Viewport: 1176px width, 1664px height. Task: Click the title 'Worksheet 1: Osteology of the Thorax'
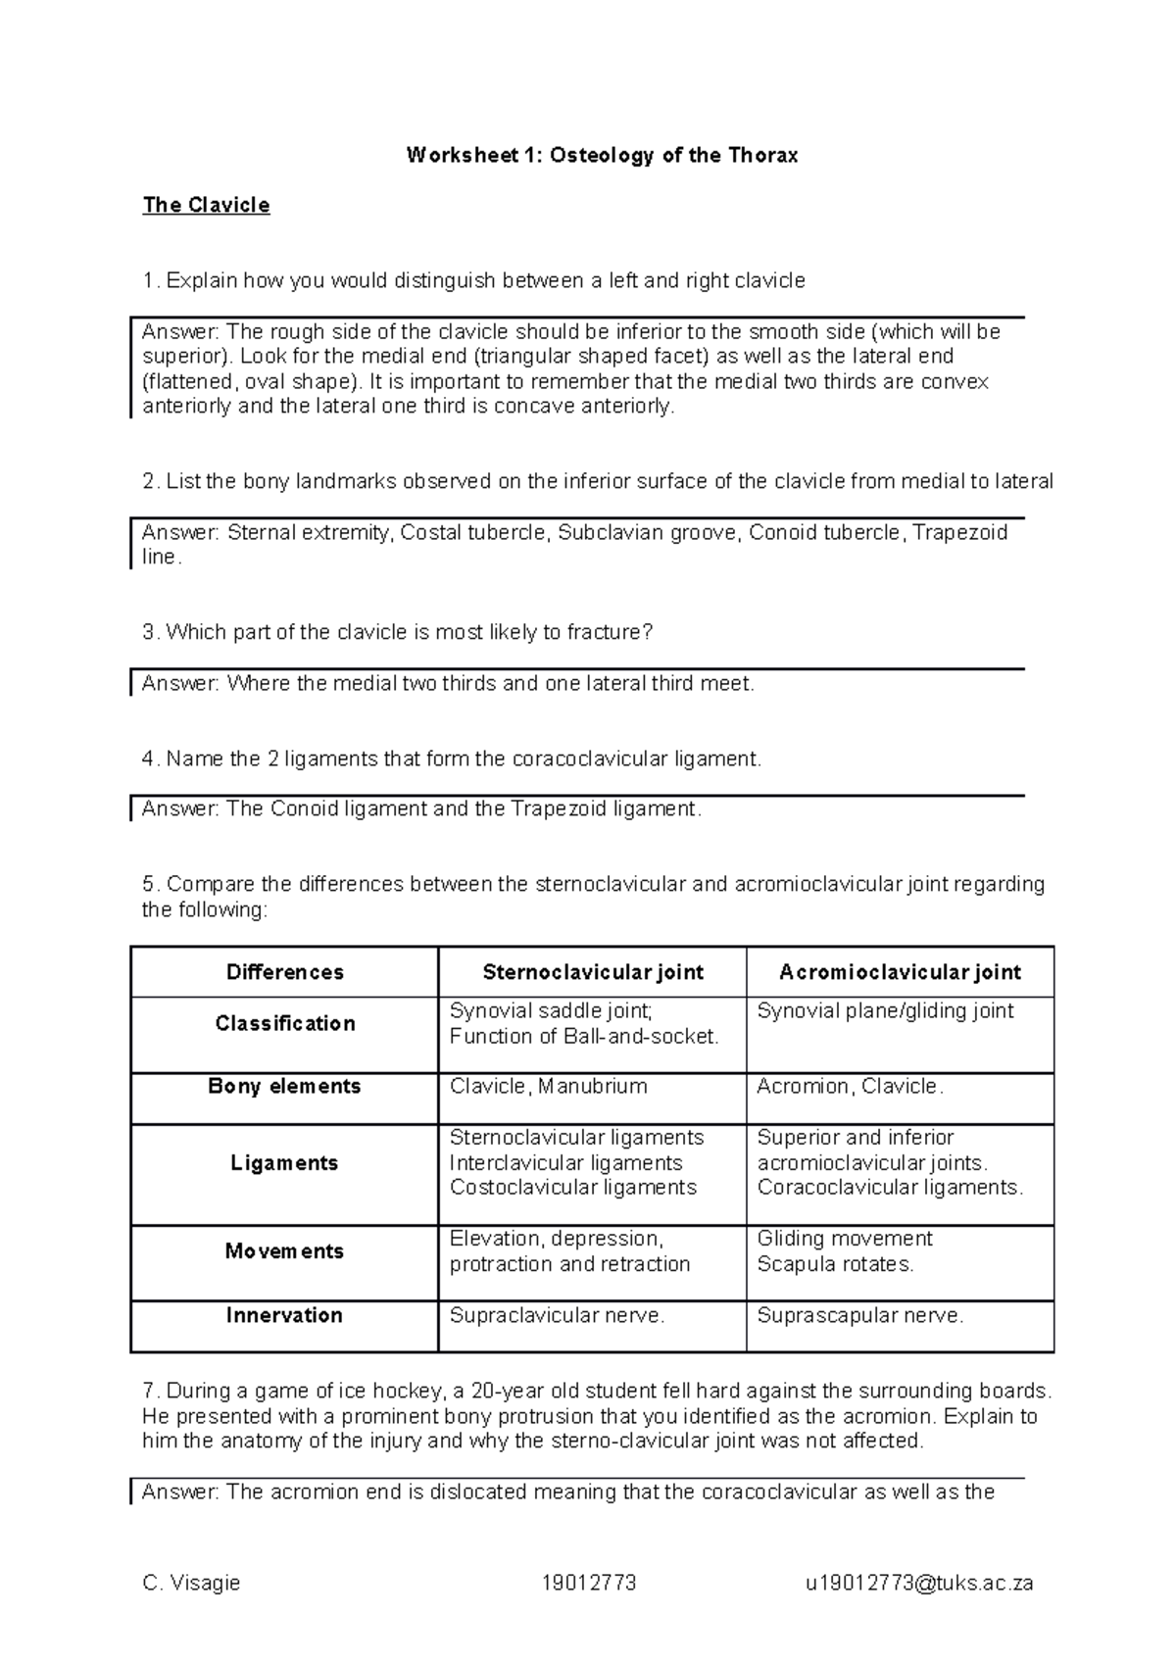click(x=602, y=155)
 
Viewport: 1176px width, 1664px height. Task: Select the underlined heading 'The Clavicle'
click(x=206, y=205)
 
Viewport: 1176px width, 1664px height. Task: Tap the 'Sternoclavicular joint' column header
click(x=592, y=972)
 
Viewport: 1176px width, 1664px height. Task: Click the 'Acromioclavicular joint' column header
click(x=900, y=972)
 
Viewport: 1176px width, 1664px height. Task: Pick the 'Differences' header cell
click(x=284, y=972)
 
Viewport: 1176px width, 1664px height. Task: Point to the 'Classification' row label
click(x=284, y=1023)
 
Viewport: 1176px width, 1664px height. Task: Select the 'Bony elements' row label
click(x=284, y=1086)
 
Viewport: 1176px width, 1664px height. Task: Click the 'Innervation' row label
click(x=284, y=1315)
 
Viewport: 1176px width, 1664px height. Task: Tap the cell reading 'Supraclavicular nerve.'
click(x=557, y=1316)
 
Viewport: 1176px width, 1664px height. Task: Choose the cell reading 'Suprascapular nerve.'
click(x=859, y=1316)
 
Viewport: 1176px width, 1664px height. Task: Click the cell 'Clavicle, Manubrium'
click(x=548, y=1087)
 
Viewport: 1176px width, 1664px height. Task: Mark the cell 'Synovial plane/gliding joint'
click(x=885, y=1011)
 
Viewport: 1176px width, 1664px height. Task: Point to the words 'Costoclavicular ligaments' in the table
click(x=572, y=1188)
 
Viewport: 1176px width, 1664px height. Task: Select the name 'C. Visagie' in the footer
click(x=191, y=1583)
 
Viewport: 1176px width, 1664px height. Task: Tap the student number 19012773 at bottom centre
click(x=588, y=1583)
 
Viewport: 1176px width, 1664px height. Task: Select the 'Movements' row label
click(x=284, y=1251)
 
